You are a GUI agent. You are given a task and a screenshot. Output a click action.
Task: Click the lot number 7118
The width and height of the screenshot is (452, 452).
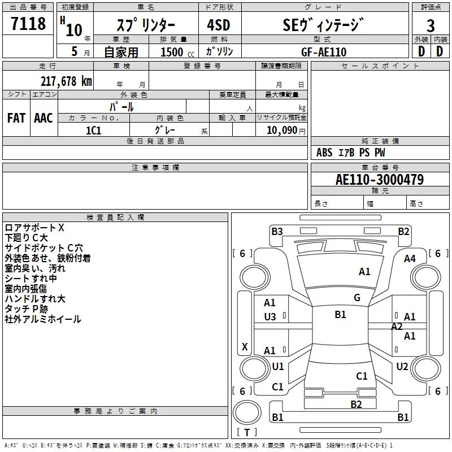[28, 24]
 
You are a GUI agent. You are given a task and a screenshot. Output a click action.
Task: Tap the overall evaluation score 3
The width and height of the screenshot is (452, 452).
[431, 25]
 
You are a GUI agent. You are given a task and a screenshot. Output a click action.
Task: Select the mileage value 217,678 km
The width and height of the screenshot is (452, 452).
[66, 81]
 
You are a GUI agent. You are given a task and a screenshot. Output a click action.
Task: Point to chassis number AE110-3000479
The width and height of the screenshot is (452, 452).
[380, 180]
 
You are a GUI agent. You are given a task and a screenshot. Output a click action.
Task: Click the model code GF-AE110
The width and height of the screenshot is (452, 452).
[323, 52]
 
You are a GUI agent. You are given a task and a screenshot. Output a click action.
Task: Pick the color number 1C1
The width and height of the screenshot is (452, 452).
[94, 130]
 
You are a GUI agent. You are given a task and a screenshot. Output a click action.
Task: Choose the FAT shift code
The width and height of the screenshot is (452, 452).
[16, 118]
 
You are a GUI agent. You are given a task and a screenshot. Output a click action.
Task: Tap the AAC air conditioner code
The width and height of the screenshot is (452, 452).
[44, 118]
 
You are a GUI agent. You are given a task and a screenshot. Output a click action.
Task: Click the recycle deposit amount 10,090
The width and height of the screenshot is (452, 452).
[281, 131]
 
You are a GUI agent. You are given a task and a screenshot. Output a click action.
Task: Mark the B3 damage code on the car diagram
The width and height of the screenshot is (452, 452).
[277, 231]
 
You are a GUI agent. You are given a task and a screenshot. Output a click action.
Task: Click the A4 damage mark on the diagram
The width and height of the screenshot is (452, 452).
[410, 259]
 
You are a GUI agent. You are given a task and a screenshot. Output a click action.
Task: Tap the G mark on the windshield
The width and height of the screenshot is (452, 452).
[357, 298]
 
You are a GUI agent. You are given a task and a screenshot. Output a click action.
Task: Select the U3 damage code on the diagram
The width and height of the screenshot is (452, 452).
[270, 317]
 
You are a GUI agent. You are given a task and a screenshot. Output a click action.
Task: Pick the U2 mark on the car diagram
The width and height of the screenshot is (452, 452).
[402, 367]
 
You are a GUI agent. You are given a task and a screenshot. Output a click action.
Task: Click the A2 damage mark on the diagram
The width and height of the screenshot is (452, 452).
[397, 326]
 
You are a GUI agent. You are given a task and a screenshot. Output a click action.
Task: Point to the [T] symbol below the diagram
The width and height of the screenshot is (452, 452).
[247, 432]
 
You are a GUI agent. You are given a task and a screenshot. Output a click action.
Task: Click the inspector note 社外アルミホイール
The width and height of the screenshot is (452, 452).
[43, 319]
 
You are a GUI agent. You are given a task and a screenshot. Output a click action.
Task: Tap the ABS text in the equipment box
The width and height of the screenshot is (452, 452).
[324, 153]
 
